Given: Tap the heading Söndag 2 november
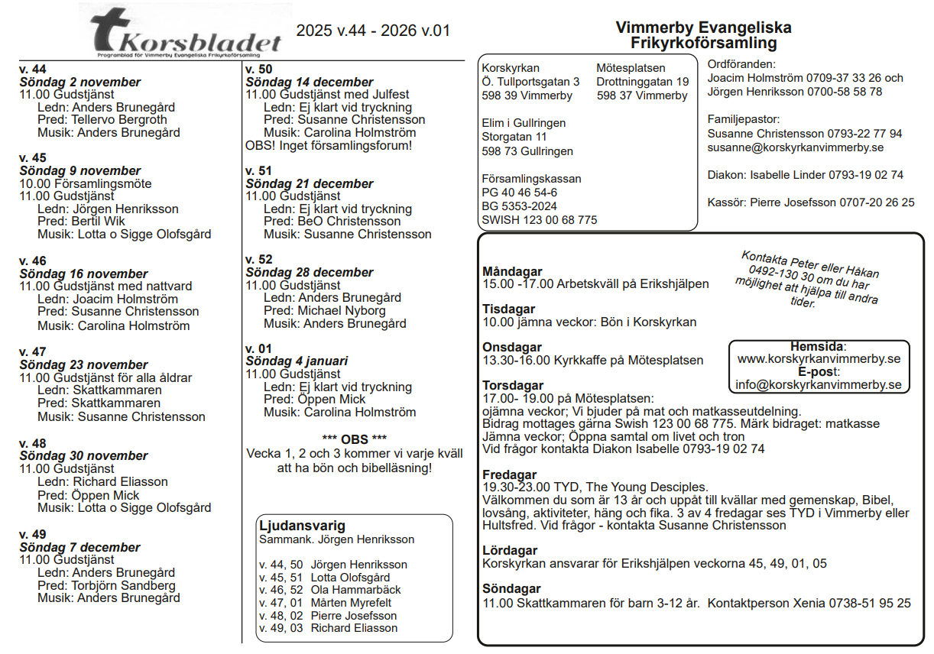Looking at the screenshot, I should (70, 82).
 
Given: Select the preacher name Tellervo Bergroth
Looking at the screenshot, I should (119, 120).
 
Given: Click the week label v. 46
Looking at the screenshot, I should (33, 261).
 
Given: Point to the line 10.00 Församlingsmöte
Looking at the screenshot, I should (86, 183).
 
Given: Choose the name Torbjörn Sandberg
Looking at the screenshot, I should (123, 585).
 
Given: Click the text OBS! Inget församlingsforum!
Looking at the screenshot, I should (329, 145).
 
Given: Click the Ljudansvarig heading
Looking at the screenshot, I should (302, 526).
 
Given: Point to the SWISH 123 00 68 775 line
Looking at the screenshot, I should (539, 220).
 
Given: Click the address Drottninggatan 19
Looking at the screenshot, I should (642, 82).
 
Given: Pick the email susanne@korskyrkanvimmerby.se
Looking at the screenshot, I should (796, 147).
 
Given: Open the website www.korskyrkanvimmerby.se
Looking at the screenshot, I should (819, 359).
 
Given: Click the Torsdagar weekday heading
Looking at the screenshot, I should (513, 385).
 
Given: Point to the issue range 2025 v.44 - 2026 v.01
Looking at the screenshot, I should (373, 31).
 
